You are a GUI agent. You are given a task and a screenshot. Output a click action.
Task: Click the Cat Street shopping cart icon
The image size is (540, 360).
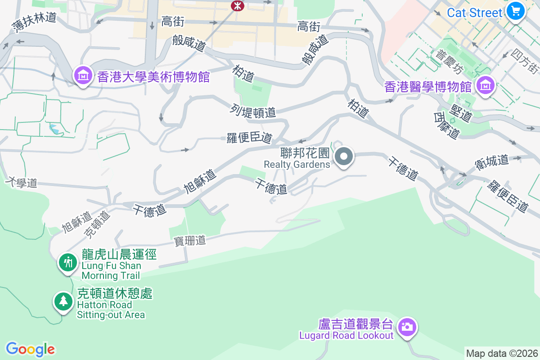click(x=515, y=11)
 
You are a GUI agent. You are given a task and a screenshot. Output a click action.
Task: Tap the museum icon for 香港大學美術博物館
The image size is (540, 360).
click(x=84, y=76)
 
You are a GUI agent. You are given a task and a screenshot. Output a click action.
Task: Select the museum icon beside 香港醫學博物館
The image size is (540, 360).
click(x=486, y=85)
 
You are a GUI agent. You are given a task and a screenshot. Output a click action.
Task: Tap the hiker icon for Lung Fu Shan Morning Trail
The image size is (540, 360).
click(x=68, y=261)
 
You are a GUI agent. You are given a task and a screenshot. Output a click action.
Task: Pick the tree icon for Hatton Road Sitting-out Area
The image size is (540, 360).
click(x=63, y=301)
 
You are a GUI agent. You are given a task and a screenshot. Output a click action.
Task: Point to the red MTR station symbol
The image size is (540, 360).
click(x=236, y=5)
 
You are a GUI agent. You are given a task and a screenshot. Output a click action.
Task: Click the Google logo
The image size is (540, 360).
click(x=30, y=349)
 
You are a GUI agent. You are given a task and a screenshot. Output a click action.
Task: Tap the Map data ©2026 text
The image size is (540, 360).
click(x=502, y=353)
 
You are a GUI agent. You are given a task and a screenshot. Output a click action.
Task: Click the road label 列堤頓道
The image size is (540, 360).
click(x=252, y=111)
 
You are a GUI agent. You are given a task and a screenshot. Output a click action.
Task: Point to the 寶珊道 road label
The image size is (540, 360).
click(x=190, y=241)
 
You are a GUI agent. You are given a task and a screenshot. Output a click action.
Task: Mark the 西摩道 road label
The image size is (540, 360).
click(x=447, y=126)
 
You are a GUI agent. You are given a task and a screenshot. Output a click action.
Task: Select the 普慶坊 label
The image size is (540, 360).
click(x=449, y=62)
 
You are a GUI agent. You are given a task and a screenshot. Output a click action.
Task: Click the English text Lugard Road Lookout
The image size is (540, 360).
click(x=346, y=336)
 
